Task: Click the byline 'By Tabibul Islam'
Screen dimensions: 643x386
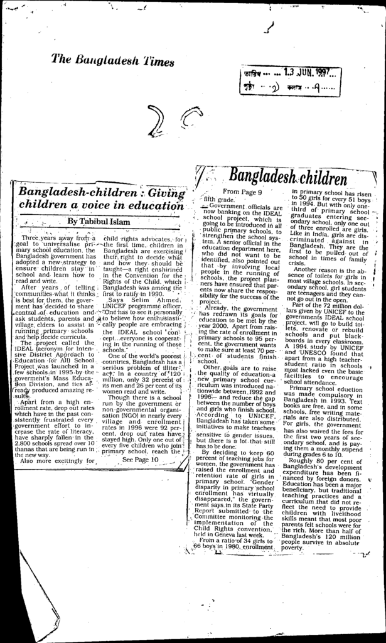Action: coord(99,221)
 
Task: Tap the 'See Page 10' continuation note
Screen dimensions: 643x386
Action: coord(141,459)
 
